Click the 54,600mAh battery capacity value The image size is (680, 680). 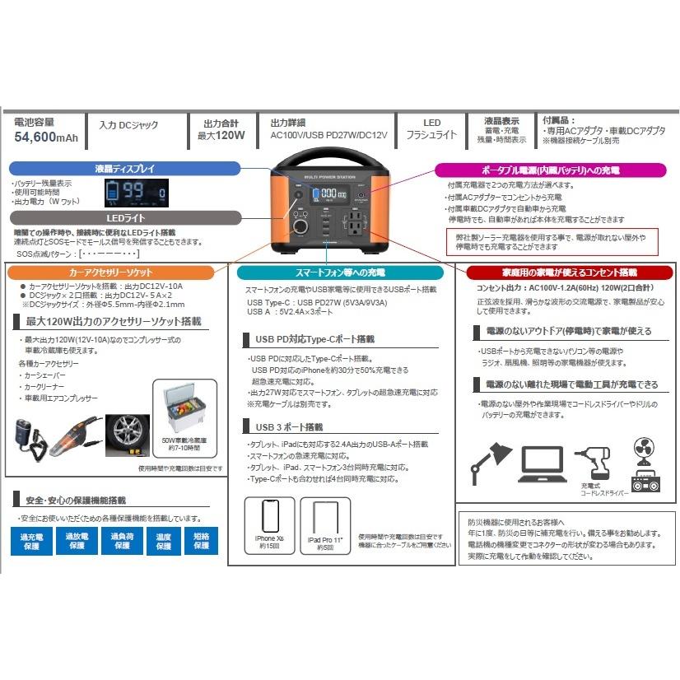(x=46, y=137)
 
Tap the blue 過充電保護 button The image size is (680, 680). (x=30, y=542)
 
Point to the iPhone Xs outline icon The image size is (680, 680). (x=269, y=516)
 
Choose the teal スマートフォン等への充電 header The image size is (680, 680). (x=340, y=272)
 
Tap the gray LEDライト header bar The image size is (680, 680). (x=123, y=218)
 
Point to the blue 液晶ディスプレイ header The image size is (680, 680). (x=123, y=168)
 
